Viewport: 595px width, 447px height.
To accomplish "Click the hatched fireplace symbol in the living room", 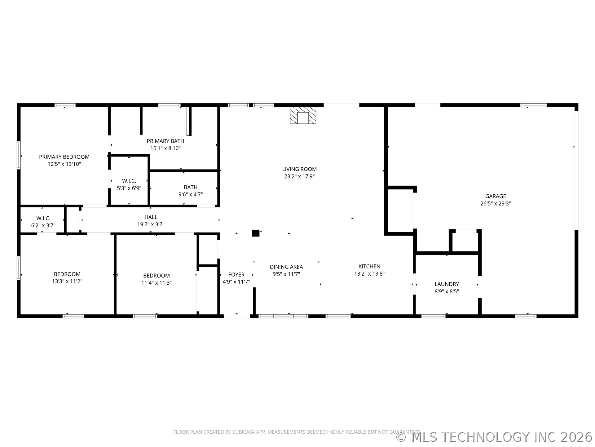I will pyautogui.click(x=303, y=115).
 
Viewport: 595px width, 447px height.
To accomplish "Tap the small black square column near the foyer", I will pyautogui.click(x=255, y=233).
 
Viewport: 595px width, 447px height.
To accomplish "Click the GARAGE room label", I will pyautogui.click(x=495, y=196).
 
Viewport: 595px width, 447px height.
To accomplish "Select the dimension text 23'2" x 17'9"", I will pyautogui.click(x=299, y=176).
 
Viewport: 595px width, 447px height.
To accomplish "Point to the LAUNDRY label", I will pyautogui.click(x=447, y=284).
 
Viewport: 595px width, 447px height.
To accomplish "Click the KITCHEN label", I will pyautogui.click(x=369, y=266).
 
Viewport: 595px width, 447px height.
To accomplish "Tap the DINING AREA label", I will pyautogui.click(x=286, y=267).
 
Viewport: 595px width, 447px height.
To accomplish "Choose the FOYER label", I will pyautogui.click(x=236, y=274).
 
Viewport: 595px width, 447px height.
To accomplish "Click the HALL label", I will pyautogui.click(x=151, y=217).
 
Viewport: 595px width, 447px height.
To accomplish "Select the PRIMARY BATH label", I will pyautogui.click(x=165, y=141).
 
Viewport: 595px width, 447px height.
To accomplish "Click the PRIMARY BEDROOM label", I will pyautogui.click(x=64, y=157).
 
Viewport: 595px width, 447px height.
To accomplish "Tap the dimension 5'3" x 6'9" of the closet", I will pyautogui.click(x=129, y=188).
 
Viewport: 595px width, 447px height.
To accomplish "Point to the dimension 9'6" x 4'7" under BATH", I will pyautogui.click(x=190, y=195).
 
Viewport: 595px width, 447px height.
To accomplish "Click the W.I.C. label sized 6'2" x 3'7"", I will pyautogui.click(x=43, y=218).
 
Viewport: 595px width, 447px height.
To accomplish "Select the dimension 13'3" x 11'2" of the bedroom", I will pyautogui.click(x=67, y=281).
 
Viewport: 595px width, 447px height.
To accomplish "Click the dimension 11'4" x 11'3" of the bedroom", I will pyautogui.click(x=156, y=283).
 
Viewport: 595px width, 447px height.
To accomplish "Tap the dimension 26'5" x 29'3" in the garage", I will pyautogui.click(x=495, y=204).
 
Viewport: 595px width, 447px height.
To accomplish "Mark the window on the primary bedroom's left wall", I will pyautogui.click(x=19, y=155).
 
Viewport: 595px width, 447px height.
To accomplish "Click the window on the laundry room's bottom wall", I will pyautogui.click(x=433, y=316).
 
